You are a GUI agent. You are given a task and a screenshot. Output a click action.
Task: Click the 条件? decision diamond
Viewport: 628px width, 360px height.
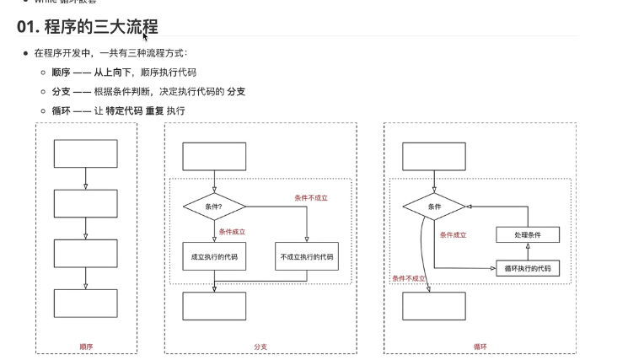pyautogui.click(x=214, y=205)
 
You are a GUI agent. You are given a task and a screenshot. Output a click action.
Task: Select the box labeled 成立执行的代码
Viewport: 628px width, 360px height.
pyautogui.click(x=214, y=256)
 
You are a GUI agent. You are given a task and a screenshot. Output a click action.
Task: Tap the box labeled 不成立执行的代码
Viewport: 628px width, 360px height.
pyautogui.click(x=307, y=256)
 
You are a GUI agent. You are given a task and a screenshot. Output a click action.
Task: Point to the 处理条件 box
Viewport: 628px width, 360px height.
pyautogui.click(x=527, y=235)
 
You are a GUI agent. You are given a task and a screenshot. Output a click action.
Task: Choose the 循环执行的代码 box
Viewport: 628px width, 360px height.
pyautogui.click(x=527, y=268)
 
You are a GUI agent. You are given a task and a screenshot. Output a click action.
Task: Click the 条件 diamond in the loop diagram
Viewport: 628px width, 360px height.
pyautogui.click(x=434, y=206)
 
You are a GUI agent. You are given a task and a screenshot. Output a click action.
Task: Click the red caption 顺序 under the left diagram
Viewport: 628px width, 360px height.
pyautogui.click(x=86, y=346)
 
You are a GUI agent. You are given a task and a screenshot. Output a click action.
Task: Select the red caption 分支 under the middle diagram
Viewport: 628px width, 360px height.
pyautogui.click(x=260, y=346)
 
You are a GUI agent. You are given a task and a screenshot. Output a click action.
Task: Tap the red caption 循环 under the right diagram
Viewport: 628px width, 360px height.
pyautogui.click(x=480, y=346)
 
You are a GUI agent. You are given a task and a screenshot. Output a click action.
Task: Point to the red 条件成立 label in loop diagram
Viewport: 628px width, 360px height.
pyautogui.click(x=454, y=235)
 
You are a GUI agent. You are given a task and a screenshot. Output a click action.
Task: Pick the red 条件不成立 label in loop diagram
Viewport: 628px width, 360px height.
pyautogui.click(x=409, y=277)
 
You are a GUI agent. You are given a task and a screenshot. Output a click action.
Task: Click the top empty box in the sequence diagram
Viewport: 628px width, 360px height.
pyautogui.click(x=86, y=153)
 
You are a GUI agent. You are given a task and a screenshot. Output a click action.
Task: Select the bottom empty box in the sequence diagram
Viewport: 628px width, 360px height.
pyautogui.click(x=86, y=304)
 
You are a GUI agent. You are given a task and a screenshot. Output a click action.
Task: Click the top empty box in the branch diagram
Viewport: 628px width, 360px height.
pyautogui.click(x=214, y=157)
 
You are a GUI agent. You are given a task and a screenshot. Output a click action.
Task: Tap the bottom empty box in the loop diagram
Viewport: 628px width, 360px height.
pyautogui.click(x=434, y=306)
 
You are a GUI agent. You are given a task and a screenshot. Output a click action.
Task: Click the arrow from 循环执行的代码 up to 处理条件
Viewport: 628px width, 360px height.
pyautogui.click(x=528, y=251)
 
